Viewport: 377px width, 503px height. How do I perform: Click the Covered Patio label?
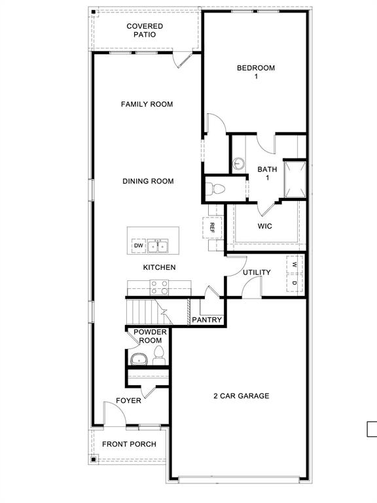[x=145, y=30]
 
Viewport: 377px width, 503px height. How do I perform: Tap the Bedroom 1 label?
[x=255, y=72]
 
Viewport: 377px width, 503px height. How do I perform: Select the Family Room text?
[x=147, y=104]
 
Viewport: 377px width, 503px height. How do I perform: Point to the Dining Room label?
[x=148, y=181]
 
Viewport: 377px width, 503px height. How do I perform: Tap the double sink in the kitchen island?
[x=158, y=246]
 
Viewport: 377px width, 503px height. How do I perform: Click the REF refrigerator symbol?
[x=213, y=228]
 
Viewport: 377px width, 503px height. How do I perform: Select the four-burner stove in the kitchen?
[x=159, y=287]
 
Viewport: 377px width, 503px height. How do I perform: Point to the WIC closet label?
[x=264, y=227]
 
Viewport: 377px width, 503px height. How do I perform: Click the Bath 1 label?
[x=267, y=174]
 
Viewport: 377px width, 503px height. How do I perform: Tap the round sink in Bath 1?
[x=239, y=163]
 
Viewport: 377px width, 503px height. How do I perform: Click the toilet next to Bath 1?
[x=215, y=189]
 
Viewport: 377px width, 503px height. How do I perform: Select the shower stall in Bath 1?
[x=295, y=178]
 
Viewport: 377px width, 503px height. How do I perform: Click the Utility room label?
[x=257, y=272]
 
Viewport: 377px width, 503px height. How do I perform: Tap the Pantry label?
[x=207, y=320]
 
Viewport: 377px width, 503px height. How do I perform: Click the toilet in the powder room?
[x=158, y=356]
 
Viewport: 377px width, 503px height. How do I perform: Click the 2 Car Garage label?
[x=241, y=396]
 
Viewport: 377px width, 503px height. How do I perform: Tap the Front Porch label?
[x=129, y=444]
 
